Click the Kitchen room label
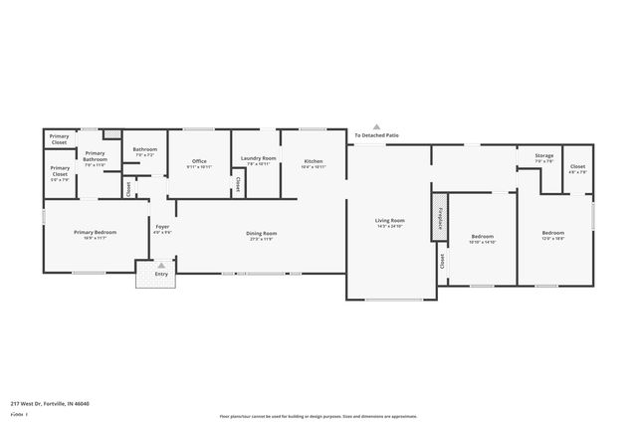pyautogui.click(x=314, y=160)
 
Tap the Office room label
pyautogui.click(x=199, y=160)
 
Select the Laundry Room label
pyautogui.click(x=259, y=158)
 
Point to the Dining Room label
pyautogui.click(x=261, y=233)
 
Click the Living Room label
pyautogui.click(x=389, y=220)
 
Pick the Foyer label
pyautogui.click(x=160, y=226)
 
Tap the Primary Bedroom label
pyautogui.click(x=90, y=232)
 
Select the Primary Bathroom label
pyautogui.click(x=95, y=156)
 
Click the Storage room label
pyautogui.click(x=543, y=155)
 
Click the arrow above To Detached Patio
pyautogui.click(x=376, y=126)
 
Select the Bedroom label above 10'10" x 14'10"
pyautogui.click(x=483, y=236)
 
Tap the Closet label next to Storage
pyautogui.click(x=577, y=166)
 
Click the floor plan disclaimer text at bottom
pyautogui.click(x=318, y=416)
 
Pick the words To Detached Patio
pyautogui.click(x=376, y=135)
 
